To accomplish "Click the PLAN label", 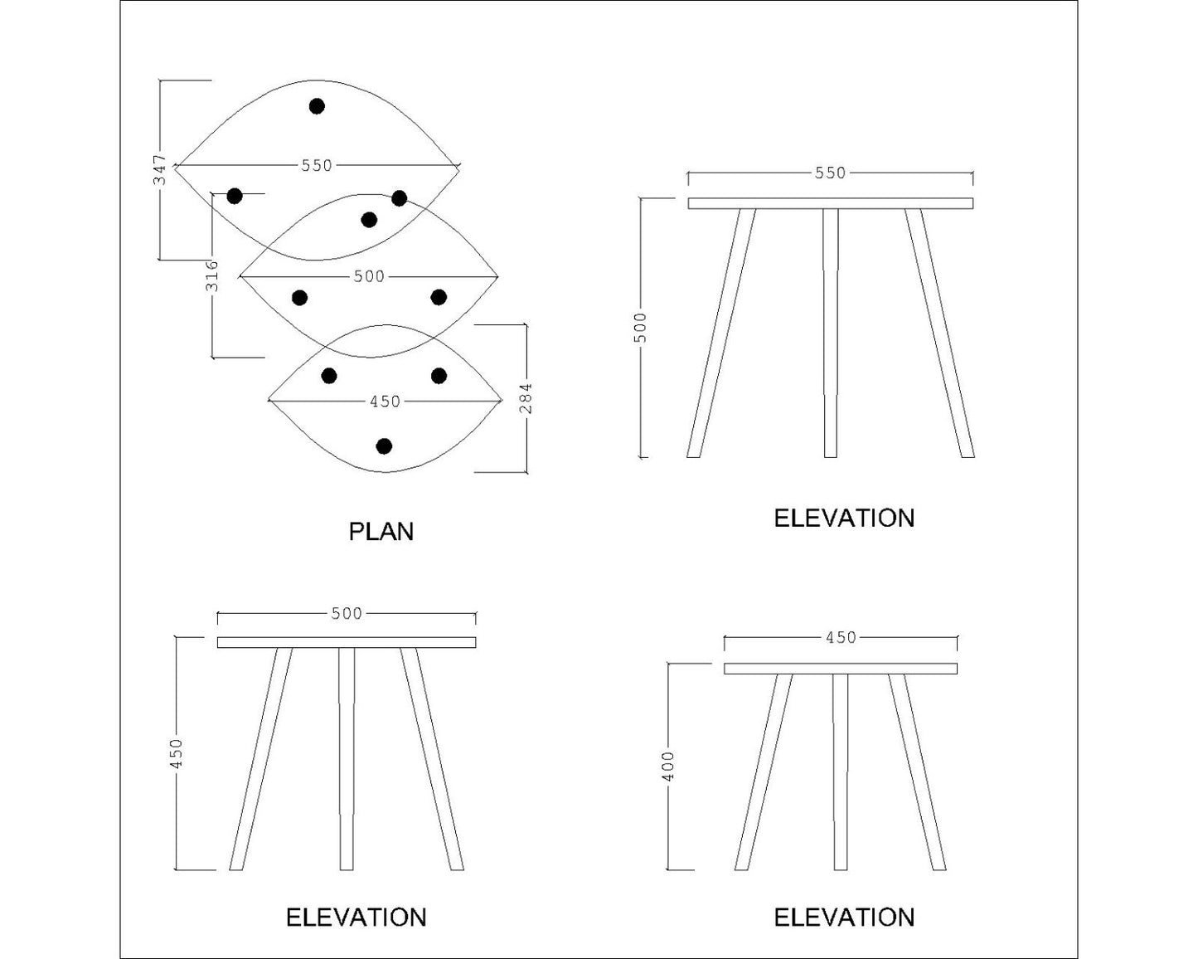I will click(381, 531).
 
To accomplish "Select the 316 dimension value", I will click(212, 275).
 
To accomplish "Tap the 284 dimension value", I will click(526, 397).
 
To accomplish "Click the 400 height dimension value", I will click(670, 765).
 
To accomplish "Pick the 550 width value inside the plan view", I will click(317, 166).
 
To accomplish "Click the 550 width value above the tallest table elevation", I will click(830, 173).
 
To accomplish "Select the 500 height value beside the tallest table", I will click(640, 327).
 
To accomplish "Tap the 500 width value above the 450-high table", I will click(347, 613).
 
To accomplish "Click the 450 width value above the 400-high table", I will click(841, 637).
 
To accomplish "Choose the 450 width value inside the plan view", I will click(385, 402).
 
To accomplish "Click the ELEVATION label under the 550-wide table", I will click(844, 518).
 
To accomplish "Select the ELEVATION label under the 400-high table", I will click(844, 917).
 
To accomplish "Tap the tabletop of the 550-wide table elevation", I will click(830, 203).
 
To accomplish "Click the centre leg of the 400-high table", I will click(840, 772).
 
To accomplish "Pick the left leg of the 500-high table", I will click(721, 332).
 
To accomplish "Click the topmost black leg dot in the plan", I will click(317, 106).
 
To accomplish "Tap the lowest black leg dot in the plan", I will click(383, 446).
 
